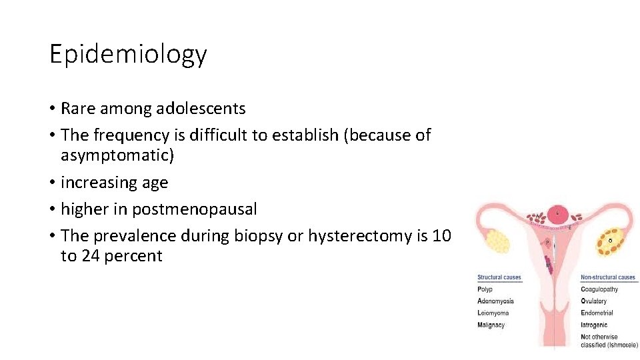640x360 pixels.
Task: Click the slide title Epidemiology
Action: pyautogui.click(x=128, y=54)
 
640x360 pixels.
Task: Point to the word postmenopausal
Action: pyautogui.click(x=194, y=209)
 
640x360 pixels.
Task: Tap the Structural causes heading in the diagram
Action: pyautogui.click(x=499, y=277)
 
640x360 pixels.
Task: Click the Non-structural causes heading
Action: pyautogui.click(x=608, y=277)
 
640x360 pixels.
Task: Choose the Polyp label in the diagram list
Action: pyautogui.click(x=485, y=289)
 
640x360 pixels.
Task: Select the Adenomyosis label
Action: pyautogui.click(x=495, y=301)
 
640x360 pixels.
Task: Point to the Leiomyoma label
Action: pyautogui.click(x=493, y=313)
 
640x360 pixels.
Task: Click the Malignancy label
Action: pyautogui.click(x=491, y=325)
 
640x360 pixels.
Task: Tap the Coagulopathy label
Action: pyautogui.click(x=599, y=289)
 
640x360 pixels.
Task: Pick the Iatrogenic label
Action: pyautogui.click(x=594, y=325)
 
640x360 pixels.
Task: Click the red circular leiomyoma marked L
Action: pyautogui.click(x=557, y=214)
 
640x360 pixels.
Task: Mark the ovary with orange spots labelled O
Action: pyautogui.click(x=612, y=241)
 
